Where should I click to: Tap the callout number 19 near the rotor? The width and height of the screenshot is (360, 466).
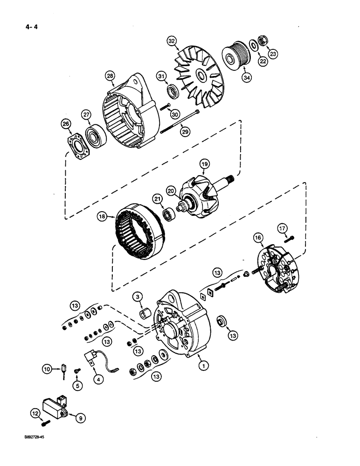(204, 164)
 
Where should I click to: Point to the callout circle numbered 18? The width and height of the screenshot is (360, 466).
(102, 216)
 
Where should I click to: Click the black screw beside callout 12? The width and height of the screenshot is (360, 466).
(44, 424)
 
